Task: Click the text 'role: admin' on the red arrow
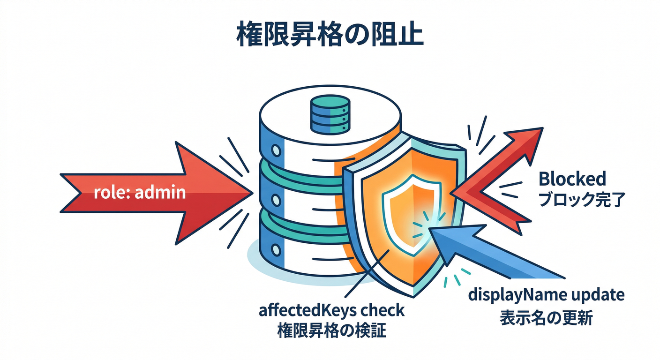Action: pyautogui.click(x=139, y=192)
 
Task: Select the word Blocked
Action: pyautogui.click(x=572, y=179)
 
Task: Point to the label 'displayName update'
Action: pyautogui.click(x=547, y=295)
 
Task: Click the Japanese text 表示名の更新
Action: pyautogui.click(x=546, y=318)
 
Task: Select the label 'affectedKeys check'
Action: pyautogui.click(x=331, y=311)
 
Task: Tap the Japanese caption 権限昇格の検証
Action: pyautogui.click(x=331, y=332)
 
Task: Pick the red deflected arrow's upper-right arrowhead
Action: pyautogui.click(x=527, y=141)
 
